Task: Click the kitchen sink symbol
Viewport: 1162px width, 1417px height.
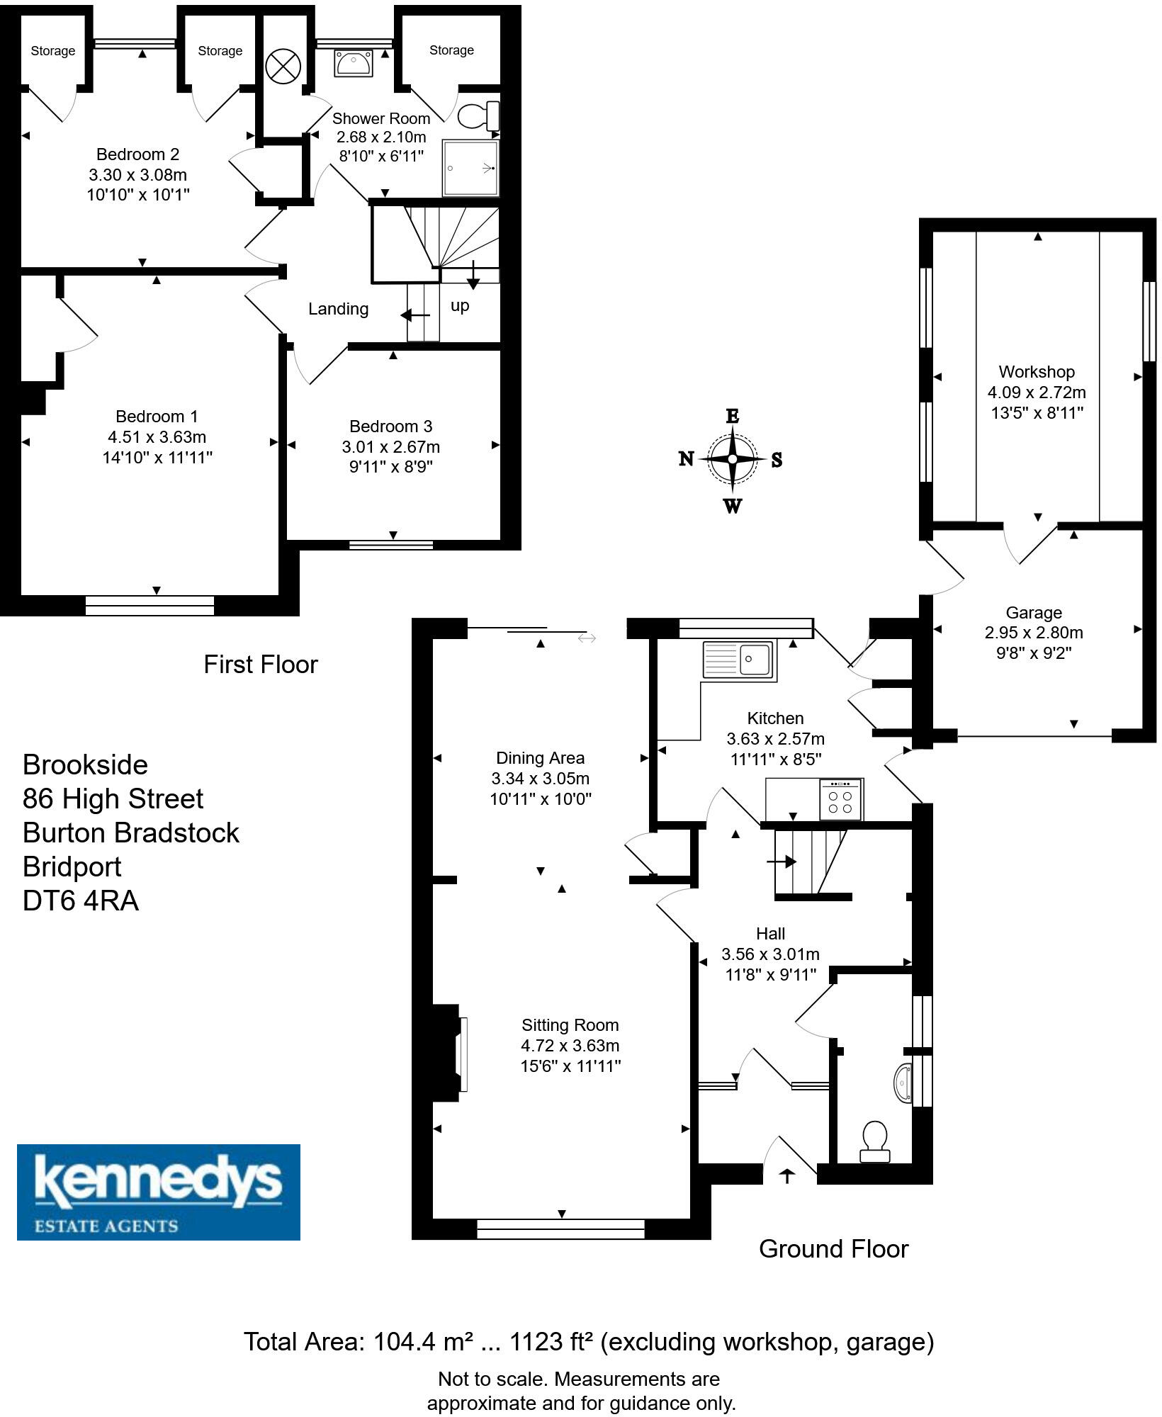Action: (739, 660)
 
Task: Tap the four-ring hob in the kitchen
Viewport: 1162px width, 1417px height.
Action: (840, 800)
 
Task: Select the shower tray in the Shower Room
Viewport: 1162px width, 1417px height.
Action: (470, 168)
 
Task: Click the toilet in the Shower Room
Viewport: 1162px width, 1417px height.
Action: (479, 115)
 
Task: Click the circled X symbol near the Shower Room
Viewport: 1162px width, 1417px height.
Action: (283, 67)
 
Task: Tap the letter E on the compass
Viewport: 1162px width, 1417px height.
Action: (733, 416)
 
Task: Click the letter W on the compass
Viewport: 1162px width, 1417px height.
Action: (733, 506)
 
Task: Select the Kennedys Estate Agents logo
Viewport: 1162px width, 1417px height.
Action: (159, 1192)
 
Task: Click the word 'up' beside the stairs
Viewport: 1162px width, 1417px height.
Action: (460, 305)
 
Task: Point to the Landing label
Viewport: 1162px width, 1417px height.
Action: (338, 309)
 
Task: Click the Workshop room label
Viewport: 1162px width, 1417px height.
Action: (1037, 372)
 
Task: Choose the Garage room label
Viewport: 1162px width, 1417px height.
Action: (1034, 613)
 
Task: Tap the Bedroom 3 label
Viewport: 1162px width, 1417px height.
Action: (390, 427)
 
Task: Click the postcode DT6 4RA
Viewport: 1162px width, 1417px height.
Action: (81, 901)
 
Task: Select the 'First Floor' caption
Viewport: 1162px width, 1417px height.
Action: (261, 665)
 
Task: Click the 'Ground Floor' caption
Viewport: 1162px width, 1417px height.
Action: (833, 1248)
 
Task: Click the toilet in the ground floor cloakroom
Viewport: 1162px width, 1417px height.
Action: (876, 1141)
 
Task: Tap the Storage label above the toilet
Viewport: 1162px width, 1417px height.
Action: (451, 50)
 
